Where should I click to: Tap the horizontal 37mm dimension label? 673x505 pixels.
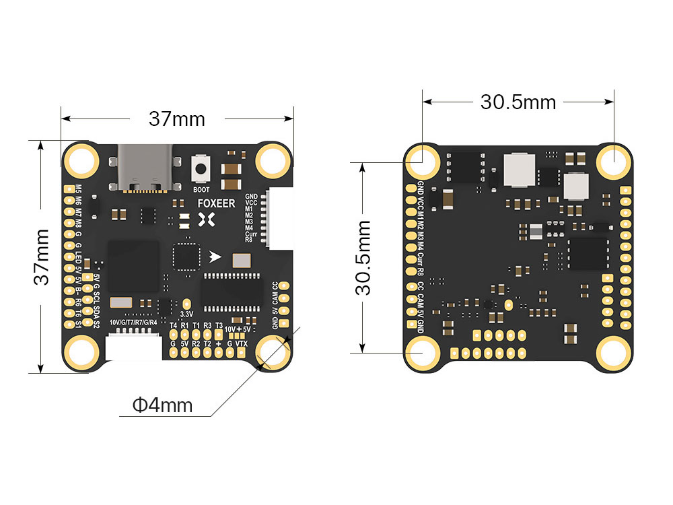click(177, 119)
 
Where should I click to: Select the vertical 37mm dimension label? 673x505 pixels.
click(42, 256)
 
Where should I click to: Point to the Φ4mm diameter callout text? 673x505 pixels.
click(162, 405)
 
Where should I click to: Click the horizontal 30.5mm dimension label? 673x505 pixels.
click(518, 102)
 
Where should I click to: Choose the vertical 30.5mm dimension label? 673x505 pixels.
click(363, 257)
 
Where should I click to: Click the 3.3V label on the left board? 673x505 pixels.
click(187, 314)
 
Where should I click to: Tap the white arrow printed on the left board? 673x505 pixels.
click(215, 257)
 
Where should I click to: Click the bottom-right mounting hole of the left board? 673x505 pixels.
click(273, 350)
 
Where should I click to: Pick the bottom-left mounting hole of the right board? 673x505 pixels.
click(422, 352)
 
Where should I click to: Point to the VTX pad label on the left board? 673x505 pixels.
click(242, 344)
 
